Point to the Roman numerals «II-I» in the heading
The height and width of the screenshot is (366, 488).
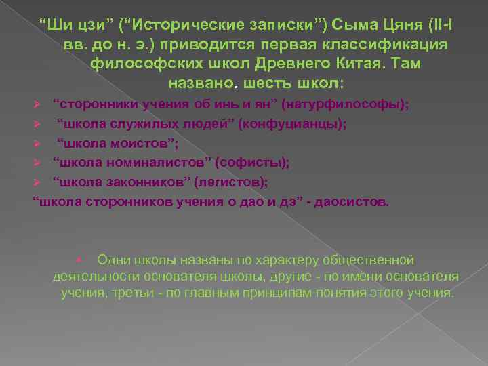(x=434, y=26)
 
